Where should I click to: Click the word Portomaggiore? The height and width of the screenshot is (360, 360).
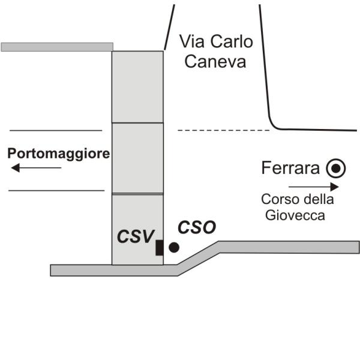pyautogui.click(x=59, y=154)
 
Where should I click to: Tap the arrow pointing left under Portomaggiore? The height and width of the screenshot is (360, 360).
pyautogui.click(x=36, y=168)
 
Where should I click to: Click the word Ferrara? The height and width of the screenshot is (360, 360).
pyautogui.click(x=290, y=168)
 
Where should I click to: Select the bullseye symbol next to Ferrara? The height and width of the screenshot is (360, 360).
pyautogui.click(x=336, y=168)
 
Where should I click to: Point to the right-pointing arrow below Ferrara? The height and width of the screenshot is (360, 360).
pyautogui.click(x=314, y=187)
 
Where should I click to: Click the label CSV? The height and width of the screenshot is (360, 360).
pyautogui.click(x=136, y=236)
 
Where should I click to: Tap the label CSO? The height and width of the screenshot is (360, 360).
pyautogui.click(x=197, y=227)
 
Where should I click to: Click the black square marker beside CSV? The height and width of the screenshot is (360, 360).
pyautogui.click(x=160, y=248)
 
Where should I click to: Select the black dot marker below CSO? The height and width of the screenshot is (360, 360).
pyautogui.click(x=174, y=247)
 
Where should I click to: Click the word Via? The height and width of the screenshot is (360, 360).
pyautogui.click(x=192, y=41)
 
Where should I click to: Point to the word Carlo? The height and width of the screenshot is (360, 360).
pyautogui.click(x=232, y=41)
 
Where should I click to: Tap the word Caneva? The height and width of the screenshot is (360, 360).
pyautogui.click(x=215, y=62)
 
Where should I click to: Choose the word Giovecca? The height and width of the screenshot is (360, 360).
pyautogui.click(x=295, y=215)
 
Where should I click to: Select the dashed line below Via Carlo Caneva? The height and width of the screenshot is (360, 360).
pyautogui.click(x=223, y=130)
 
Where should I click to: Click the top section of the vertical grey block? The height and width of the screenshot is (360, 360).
pyautogui.click(x=137, y=87)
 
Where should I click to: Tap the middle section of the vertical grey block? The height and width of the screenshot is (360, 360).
pyautogui.click(x=137, y=158)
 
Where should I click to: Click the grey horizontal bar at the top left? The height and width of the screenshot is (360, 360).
pyautogui.click(x=57, y=47)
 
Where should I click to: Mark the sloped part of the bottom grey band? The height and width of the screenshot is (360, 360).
pyautogui.click(x=198, y=259)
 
